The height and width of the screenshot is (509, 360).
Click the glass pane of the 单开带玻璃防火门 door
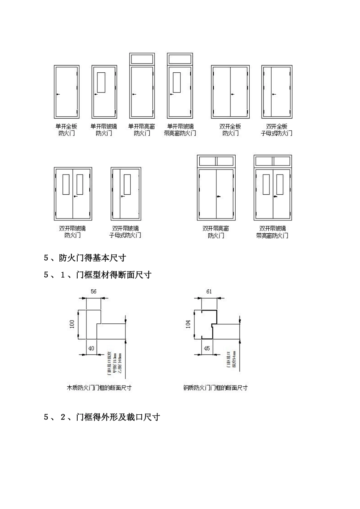point(101,82)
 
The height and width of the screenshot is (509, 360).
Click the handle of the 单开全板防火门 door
point(58,94)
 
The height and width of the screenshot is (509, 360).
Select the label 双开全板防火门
point(230,130)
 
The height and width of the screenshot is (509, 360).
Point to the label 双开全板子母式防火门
point(277,130)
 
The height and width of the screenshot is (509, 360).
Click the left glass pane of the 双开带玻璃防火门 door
point(66,184)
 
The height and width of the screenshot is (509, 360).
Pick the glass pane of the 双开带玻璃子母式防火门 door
point(127,184)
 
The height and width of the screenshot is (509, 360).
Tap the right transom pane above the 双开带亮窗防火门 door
point(225,161)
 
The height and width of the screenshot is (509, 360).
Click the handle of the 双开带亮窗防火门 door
point(218,196)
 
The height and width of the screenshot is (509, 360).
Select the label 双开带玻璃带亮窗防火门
point(272,232)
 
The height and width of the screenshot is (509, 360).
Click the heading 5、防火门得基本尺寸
point(85,258)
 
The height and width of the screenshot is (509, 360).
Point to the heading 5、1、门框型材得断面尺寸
point(98,275)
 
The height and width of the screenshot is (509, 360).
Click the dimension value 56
point(94,291)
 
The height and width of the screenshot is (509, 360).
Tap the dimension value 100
point(72,324)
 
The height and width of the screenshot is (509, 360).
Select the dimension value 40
point(91,348)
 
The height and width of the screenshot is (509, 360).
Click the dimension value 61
point(209,291)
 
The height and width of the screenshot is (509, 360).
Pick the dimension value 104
point(188,324)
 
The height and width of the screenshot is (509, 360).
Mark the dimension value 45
point(207,348)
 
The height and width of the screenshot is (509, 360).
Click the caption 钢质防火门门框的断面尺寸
point(215,388)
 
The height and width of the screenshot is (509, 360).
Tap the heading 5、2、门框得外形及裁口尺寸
point(102,417)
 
